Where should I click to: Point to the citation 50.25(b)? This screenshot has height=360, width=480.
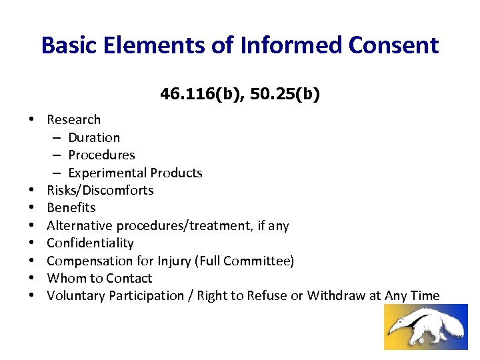[281, 95]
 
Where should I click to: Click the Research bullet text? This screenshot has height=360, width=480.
[73, 120]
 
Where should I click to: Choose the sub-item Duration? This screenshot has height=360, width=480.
[94, 138]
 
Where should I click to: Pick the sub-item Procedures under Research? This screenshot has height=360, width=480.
[101, 155]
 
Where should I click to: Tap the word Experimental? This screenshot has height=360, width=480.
[107, 173]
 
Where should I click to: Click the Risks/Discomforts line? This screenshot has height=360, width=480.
[100, 191]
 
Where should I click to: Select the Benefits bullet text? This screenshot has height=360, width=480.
[71, 208]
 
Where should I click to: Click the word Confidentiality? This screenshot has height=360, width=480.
[90, 243]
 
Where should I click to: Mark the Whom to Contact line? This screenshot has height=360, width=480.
[99, 279]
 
